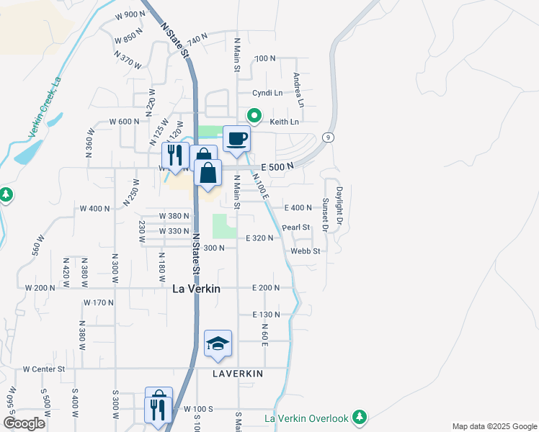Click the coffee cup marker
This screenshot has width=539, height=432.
[x=236, y=138]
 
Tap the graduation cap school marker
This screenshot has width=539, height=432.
[x=218, y=343]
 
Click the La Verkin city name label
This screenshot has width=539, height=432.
[x=196, y=288]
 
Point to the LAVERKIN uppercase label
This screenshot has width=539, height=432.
[x=238, y=374]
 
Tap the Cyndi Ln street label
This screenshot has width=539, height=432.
[x=267, y=93]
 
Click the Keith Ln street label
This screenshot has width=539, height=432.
[x=284, y=122]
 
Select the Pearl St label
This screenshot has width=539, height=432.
[x=295, y=227]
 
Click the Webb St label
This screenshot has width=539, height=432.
[x=305, y=251]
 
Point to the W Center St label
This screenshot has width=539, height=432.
[x=43, y=369]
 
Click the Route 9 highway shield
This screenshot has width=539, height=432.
[x=328, y=137]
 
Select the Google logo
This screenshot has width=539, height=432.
[x=24, y=423]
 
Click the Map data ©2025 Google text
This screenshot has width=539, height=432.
[x=494, y=426]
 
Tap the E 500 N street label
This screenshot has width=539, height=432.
[x=277, y=166]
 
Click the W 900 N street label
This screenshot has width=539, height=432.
[x=130, y=14]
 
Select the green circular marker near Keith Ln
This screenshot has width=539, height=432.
[x=254, y=115]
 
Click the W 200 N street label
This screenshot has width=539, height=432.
[x=40, y=288]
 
